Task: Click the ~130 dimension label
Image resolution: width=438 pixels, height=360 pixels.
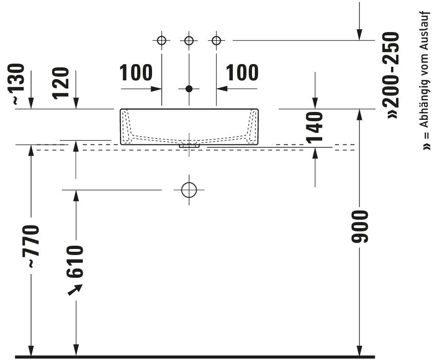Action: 16,84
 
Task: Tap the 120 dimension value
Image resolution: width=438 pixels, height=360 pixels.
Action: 60,83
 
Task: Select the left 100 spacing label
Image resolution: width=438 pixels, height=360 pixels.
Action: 136,73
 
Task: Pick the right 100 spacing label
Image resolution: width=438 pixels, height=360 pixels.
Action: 242,73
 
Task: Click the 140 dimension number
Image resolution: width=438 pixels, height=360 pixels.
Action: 314,128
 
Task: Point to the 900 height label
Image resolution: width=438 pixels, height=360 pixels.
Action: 360,227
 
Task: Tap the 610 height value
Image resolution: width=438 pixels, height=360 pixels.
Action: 75,262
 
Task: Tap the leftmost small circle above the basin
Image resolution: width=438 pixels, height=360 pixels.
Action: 162,40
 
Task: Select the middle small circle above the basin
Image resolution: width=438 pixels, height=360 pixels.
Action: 189,40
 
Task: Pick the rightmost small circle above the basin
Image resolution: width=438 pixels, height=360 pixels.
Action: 217,40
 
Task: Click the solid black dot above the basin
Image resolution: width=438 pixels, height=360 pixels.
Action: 189,89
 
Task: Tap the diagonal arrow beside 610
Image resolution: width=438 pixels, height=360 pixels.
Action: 75,289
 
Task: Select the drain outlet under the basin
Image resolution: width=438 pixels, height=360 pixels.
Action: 189,146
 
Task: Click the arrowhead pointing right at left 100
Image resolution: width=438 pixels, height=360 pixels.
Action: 156,89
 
